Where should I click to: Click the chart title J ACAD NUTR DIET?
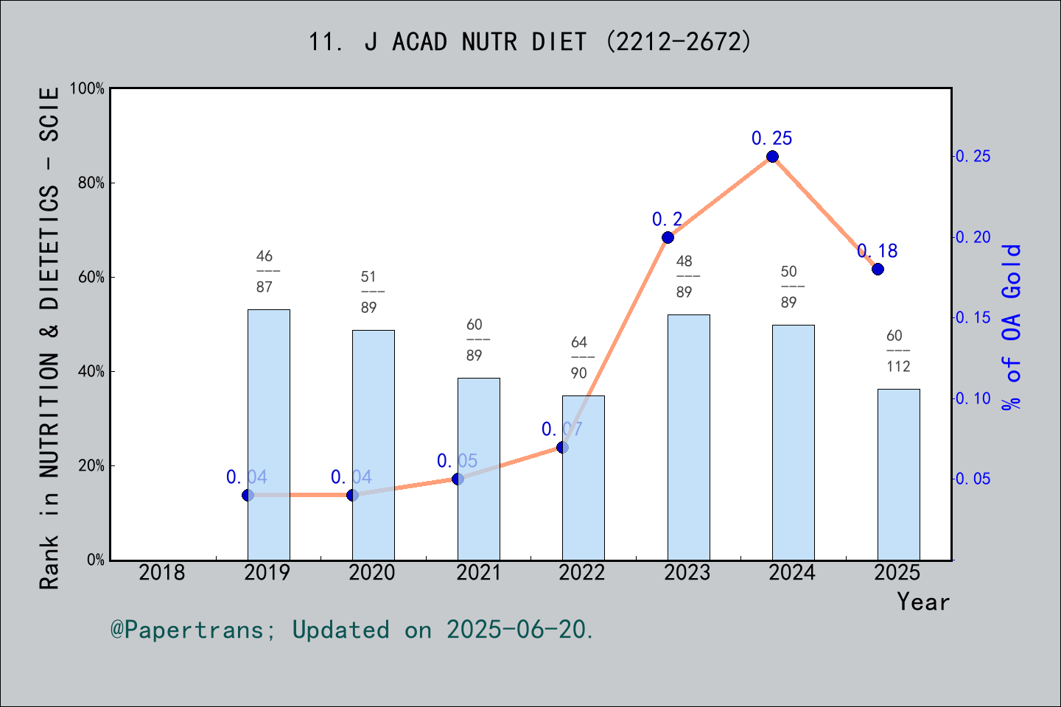click(x=530, y=42)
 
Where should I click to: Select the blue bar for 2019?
click(x=268, y=435)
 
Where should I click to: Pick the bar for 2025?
click(x=898, y=474)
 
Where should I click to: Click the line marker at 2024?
click(x=772, y=156)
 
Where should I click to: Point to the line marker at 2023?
click(x=668, y=237)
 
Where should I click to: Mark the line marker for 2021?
click(x=458, y=479)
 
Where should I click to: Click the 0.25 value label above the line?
click(x=771, y=138)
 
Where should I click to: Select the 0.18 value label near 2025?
click(x=878, y=251)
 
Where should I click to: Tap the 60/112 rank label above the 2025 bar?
click(x=898, y=351)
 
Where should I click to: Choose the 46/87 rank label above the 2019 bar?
click(x=265, y=271)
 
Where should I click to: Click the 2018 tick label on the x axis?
click(x=162, y=572)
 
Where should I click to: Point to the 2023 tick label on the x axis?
click(x=687, y=572)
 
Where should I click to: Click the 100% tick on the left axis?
click(x=88, y=88)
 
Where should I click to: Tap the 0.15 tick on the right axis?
click(x=973, y=317)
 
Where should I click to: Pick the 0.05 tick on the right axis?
click(x=973, y=479)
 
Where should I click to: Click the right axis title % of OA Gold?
click(x=1012, y=326)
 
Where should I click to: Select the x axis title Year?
click(x=922, y=602)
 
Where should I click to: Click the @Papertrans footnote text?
click(x=352, y=630)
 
